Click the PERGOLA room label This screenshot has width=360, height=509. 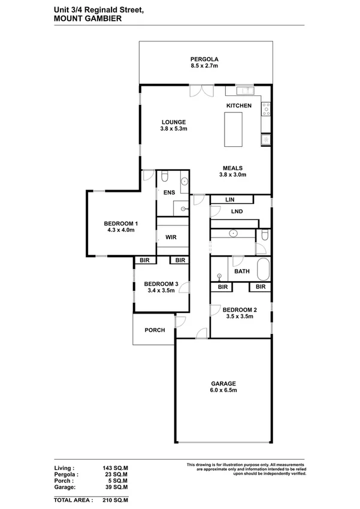click(x=204, y=59)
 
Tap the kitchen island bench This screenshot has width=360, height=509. click(x=233, y=129)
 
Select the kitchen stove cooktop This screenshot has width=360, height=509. click(x=266, y=109)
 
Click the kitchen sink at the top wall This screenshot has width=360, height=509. click(x=245, y=91)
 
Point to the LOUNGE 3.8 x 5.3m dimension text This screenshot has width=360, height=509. click(x=174, y=128)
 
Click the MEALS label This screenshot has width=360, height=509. click(x=232, y=168)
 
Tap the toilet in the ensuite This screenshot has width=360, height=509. click(x=165, y=176)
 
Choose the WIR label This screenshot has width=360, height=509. click(x=171, y=237)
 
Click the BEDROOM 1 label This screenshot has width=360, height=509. click(x=120, y=224)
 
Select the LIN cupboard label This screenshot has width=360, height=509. click(x=230, y=200)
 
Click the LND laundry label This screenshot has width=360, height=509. click(x=237, y=211)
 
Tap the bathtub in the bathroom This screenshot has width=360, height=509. click(x=264, y=269)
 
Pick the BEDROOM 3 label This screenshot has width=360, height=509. click(x=161, y=284)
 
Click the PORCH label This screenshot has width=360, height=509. click(x=155, y=330)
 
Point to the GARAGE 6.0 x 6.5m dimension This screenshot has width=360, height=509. click(x=223, y=390)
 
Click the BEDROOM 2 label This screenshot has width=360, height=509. click(x=240, y=310)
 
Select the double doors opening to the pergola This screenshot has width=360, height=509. click(x=202, y=91)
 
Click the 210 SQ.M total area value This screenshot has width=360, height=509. click(x=115, y=500)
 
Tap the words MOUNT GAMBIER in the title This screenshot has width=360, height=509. click(x=87, y=19)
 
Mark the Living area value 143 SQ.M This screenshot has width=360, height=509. click(x=115, y=468)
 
